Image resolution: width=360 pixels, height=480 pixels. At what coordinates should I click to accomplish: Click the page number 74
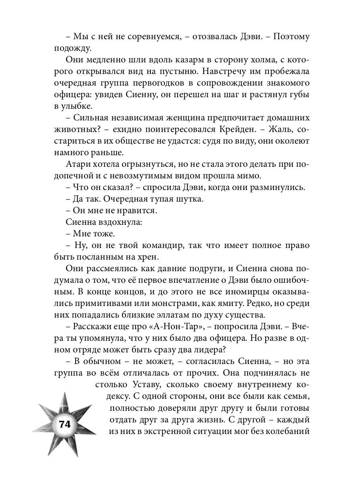[x=64, y=425]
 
